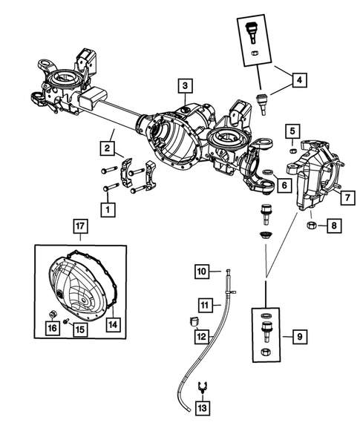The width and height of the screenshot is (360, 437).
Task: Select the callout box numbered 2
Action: tap(108, 149)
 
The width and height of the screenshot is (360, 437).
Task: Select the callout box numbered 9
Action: tap(298, 338)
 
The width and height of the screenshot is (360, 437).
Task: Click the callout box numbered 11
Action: tap(205, 304)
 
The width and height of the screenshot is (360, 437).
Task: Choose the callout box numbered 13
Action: tap(203, 409)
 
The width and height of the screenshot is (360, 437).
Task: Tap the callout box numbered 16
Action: tap(51, 329)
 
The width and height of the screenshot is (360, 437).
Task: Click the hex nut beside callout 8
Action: tap(312, 223)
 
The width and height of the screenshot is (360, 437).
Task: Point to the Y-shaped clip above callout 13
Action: tap(202, 387)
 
